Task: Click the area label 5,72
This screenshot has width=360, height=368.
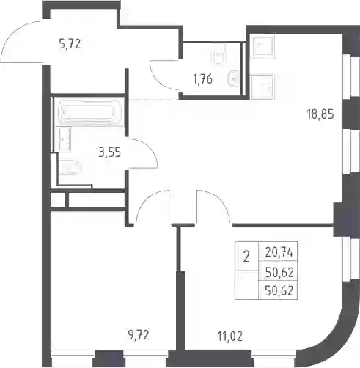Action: [70, 44]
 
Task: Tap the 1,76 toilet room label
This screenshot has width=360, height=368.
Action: [202, 79]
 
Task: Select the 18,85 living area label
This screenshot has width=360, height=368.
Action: [320, 114]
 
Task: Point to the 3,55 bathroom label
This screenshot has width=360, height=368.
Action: [109, 153]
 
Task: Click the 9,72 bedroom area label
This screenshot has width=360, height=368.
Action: [139, 334]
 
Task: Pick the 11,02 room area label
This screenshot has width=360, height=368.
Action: [230, 336]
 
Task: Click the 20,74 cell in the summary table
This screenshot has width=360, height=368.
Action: [279, 253]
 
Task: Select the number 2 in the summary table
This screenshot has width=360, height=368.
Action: [246, 257]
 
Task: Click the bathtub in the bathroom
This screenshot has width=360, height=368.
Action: [89, 112]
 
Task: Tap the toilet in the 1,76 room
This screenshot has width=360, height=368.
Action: [218, 56]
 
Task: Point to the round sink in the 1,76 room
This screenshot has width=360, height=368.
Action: [233, 78]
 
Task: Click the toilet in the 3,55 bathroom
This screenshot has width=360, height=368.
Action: [70, 167]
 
